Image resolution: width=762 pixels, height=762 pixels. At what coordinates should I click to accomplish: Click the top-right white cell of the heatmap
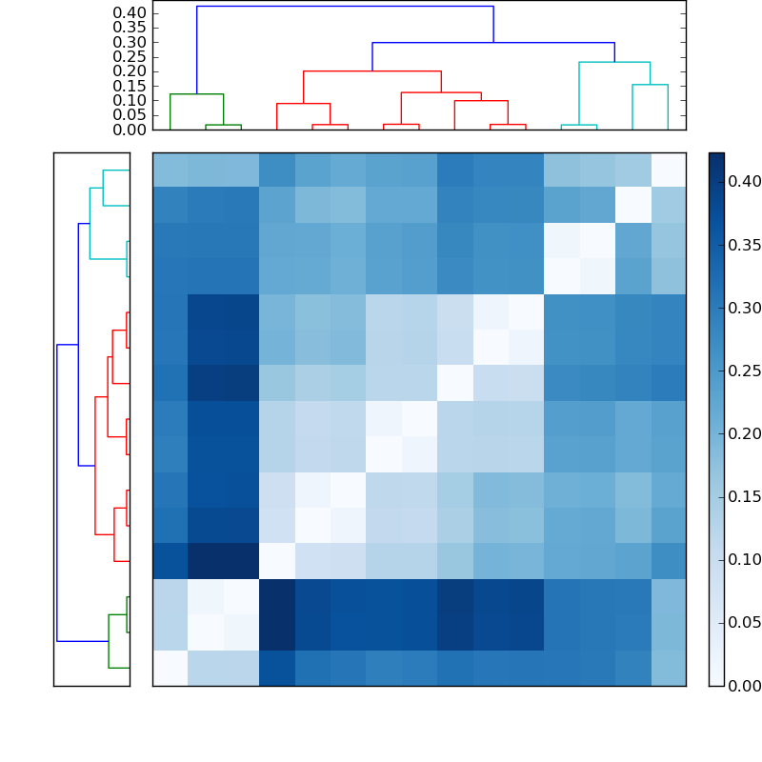(x=668, y=170)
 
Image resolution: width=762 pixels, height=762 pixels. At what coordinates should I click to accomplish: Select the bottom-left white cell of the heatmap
(x=170, y=668)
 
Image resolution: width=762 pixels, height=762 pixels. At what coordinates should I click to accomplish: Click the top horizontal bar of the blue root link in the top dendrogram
(x=345, y=7)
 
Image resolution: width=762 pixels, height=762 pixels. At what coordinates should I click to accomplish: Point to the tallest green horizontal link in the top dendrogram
(x=196, y=94)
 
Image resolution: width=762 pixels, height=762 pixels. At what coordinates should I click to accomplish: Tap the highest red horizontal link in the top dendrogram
(x=372, y=71)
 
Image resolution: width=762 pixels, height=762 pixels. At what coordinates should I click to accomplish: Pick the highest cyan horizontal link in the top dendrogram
(x=614, y=62)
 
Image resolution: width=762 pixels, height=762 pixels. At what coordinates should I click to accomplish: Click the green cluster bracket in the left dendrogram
(x=109, y=640)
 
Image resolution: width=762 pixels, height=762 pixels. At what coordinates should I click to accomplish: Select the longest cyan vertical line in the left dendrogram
(x=90, y=223)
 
